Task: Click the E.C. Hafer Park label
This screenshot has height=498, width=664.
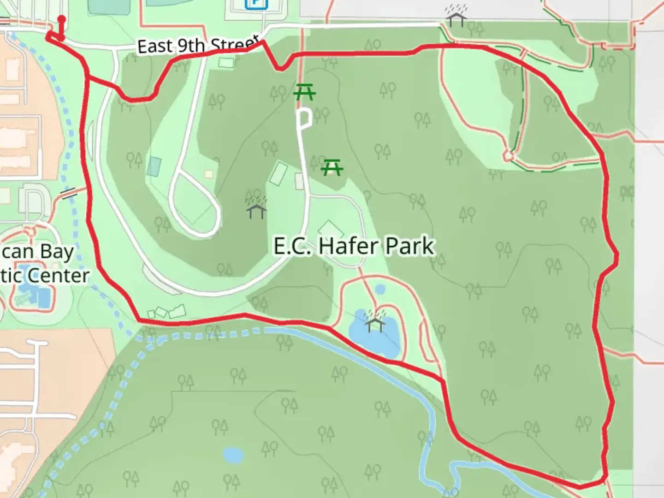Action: pyautogui.click(x=354, y=246)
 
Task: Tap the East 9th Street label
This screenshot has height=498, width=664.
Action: pyautogui.click(x=197, y=46)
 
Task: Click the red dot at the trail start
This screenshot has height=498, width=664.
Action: pyautogui.click(x=61, y=19)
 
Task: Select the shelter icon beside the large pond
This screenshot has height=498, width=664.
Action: pyautogui.click(x=375, y=321)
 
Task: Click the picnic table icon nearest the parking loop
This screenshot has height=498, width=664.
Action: pyautogui.click(x=304, y=92)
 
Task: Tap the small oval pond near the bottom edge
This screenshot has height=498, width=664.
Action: pyautogui.click(x=233, y=455)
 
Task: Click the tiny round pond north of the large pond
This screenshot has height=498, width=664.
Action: pyautogui.click(x=380, y=290)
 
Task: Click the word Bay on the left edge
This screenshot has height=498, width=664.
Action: pyautogui.click(x=57, y=252)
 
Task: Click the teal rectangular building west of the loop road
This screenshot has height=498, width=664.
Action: pyautogui.click(x=154, y=166)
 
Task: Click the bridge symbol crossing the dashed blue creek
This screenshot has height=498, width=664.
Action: pyautogui.click(x=69, y=193)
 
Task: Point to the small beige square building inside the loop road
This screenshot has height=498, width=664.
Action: pyautogui.click(x=209, y=174)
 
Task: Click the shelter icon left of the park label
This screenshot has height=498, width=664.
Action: pyautogui.click(x=256, y=208)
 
